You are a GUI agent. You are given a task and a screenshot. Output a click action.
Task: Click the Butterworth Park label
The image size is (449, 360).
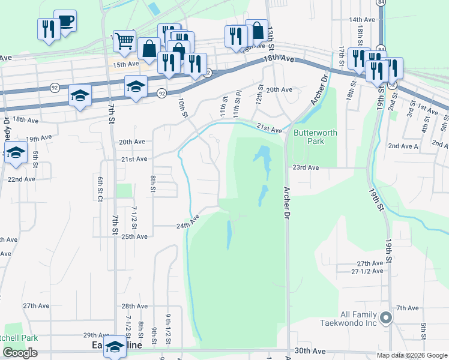[315, 137]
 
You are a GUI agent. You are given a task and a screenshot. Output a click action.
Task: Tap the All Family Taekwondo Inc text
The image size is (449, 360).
[359, 319]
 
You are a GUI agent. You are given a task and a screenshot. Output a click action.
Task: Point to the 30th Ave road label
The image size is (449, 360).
[310, 351]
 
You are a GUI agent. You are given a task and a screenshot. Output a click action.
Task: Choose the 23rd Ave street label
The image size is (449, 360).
[305, 168]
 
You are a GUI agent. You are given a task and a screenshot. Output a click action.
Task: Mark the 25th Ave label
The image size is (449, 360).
[134, 236]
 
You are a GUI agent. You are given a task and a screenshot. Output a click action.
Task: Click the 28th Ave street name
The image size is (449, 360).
[134, 306]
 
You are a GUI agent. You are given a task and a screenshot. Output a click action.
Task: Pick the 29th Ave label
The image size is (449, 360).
[96, 335]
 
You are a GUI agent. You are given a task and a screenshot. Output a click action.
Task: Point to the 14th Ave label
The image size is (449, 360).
[362, 20]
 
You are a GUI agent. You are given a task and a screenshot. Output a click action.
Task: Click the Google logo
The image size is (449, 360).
[20, 353]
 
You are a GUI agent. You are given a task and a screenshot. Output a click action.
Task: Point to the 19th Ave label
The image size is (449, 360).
[40, 139]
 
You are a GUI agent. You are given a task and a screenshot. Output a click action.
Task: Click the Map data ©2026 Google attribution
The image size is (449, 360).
[411, 355]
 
